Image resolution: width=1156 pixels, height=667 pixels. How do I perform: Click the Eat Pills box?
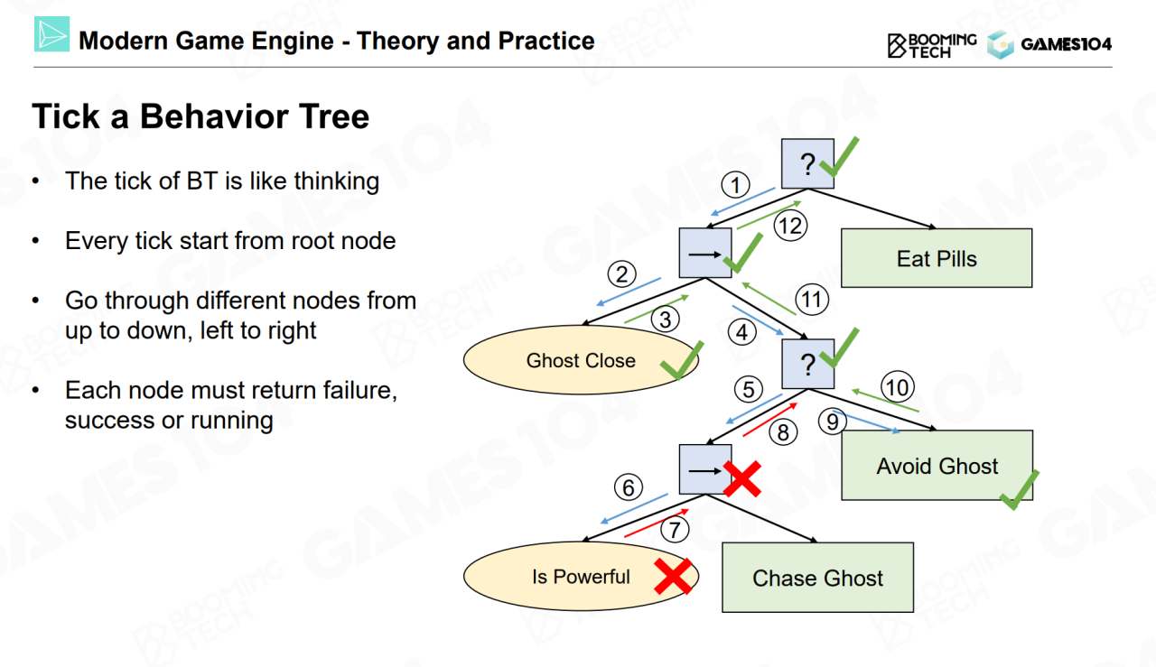(937, 259)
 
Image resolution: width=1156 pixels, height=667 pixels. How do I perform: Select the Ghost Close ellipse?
(581, 361)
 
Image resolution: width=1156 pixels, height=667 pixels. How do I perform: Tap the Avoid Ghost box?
(937, 466)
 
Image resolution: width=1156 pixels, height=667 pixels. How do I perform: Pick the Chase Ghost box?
(817, 578)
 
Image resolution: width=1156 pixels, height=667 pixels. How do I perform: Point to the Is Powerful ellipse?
(581, 577)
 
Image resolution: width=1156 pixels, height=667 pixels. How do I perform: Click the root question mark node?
(807, 164)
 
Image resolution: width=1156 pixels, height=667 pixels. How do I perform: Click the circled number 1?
(736, 186)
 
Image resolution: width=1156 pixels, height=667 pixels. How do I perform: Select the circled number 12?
(790, 226)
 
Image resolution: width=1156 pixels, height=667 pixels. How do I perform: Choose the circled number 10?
(897, 388)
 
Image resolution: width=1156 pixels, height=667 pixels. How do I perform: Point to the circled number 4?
(742, 332)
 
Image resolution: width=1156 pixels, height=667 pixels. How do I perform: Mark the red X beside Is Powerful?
(673, 576)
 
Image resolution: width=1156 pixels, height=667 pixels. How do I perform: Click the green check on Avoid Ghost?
(1019, 488)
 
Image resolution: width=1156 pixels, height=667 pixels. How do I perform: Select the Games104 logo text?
(1066, 44)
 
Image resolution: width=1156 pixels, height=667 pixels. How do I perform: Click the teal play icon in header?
(51, 35)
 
